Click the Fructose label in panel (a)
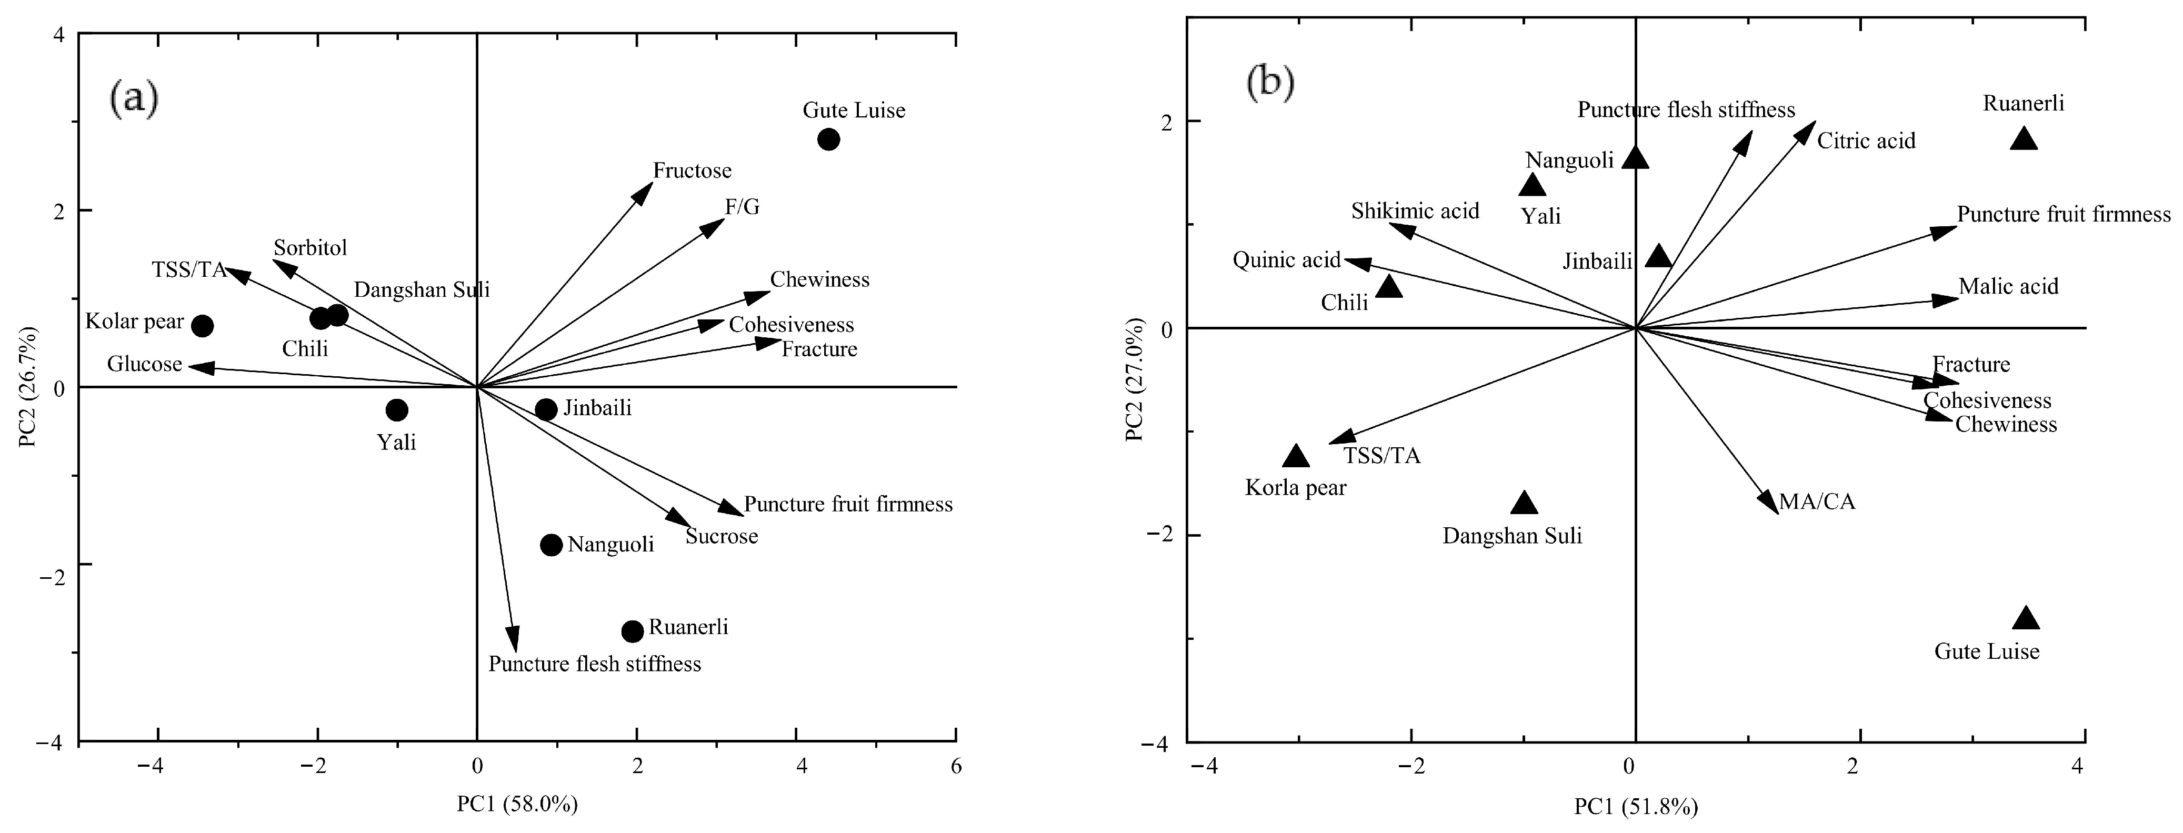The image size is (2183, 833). point(693,171)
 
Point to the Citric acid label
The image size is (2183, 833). point(1866,140)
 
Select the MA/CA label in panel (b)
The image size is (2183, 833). point(1817,501)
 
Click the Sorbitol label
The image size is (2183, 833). point(310,248)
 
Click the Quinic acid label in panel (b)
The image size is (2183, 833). point(1286,259)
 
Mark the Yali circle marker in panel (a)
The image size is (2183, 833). point(397,410)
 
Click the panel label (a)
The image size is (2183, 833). point(134,99)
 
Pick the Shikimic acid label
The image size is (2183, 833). point(1415,211)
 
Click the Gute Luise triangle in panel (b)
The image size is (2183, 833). point(2025,619)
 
